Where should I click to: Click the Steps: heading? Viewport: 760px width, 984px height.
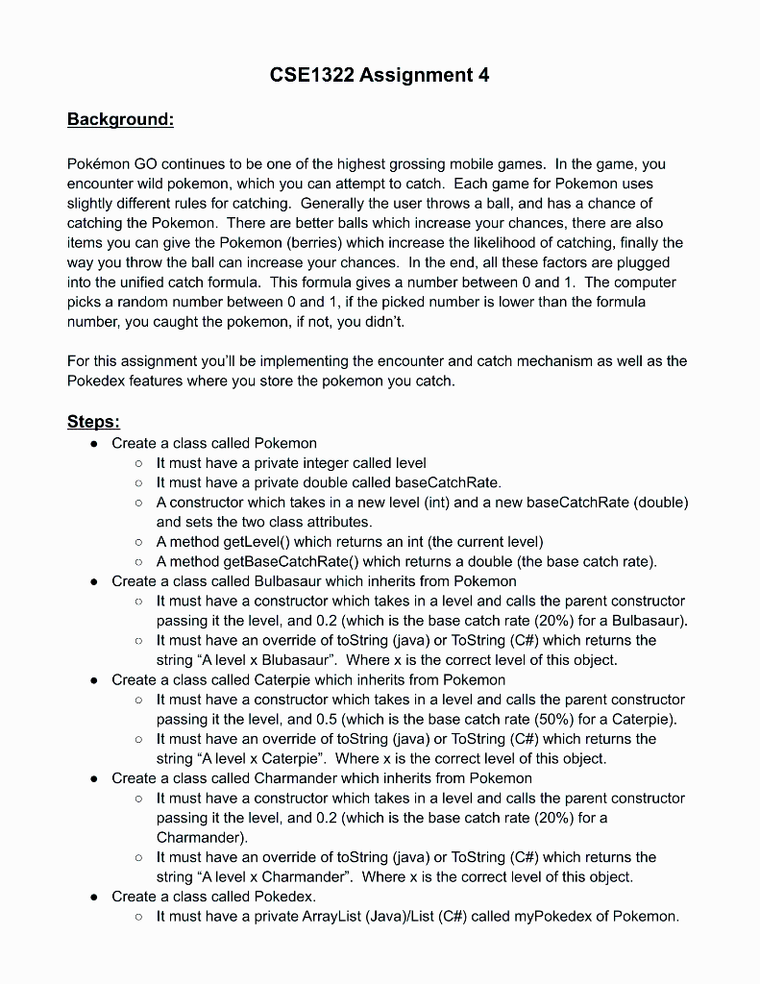[x=93, y=422]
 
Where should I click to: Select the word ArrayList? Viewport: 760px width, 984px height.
[x=315, y=916]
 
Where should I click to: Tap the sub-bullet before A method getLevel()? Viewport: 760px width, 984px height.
[x=139, y=542]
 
